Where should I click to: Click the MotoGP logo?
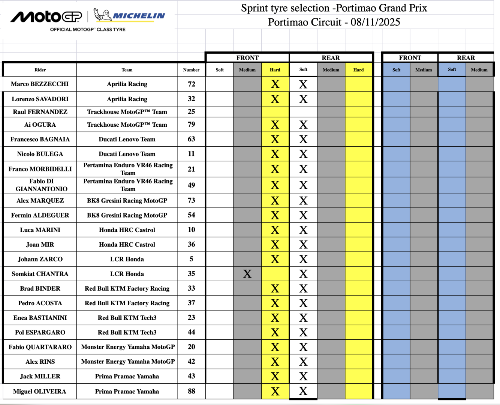point(46,16)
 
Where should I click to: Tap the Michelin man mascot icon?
point(102,15)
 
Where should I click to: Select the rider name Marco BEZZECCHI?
point(40,84)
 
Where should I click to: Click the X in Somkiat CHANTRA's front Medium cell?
point(247,274)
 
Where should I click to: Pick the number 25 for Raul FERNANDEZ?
point(191,112)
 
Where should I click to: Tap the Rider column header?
point(40,70)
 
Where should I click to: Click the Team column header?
point(127,70)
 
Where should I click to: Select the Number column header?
point(191,70)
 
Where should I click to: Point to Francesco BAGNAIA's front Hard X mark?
point(275,139)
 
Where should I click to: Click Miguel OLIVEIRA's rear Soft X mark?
point(303,391)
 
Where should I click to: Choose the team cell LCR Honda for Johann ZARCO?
point(127,259)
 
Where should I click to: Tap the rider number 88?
point(191,391)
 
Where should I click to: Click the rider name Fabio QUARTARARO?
point(40,347)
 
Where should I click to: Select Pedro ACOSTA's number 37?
point(191,303)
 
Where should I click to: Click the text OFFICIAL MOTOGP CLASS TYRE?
point(88,29)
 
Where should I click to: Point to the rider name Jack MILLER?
point(40,376)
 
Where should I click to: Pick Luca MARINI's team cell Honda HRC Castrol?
point(127,230)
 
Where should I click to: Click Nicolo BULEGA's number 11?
point(191,154)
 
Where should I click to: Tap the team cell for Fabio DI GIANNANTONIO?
point(128,185)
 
